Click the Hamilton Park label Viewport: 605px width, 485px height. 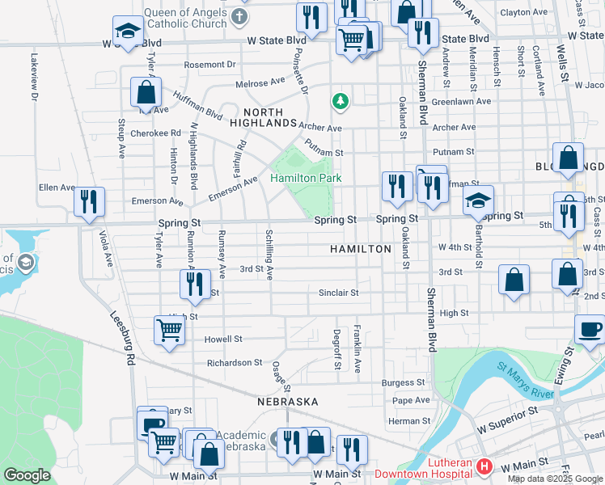click(306, 178)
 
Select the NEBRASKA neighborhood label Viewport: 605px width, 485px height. click(288, 402)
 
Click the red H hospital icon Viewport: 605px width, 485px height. click(484, 466)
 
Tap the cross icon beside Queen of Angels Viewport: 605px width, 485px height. click(239, 16)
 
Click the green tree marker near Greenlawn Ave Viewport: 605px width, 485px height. click(341, 101)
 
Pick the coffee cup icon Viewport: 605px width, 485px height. click(589, 330)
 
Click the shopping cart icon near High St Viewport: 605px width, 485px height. click(168, 330)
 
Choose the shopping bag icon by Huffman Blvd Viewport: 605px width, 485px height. click(146, 93)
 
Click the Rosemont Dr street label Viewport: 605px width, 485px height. click(209, 64)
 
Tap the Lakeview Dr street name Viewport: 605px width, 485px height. click(34, 77)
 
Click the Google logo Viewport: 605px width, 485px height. click(27, 475)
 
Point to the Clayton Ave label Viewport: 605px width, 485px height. click(523, 12)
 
